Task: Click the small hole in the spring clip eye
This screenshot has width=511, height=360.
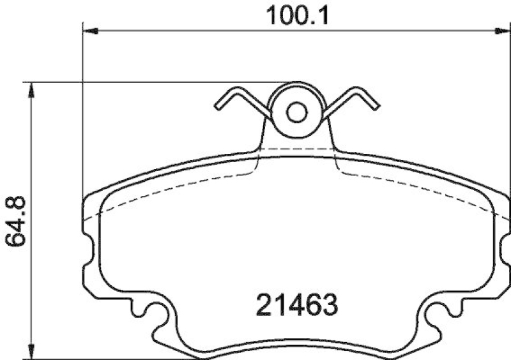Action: [x=296, y=113]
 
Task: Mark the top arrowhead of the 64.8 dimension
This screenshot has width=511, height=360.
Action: [x=30, y=89]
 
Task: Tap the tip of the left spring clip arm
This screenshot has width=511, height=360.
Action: [x=218, y=106]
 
